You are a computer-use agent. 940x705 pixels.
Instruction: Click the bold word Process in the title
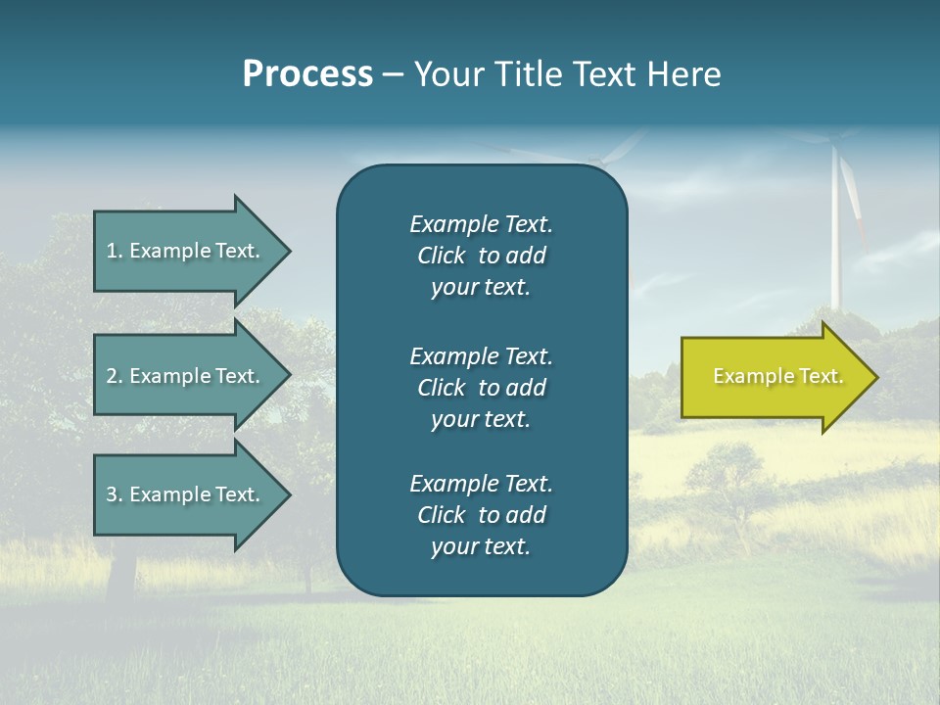tap(307, 74)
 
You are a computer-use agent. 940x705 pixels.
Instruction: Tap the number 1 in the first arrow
tap(112, 251)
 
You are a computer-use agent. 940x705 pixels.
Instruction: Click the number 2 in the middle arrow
tap(112, 376)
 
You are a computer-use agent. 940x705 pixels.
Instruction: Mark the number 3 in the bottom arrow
tap(112, 494)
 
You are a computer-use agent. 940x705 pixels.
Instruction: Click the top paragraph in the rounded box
tap(481, 256)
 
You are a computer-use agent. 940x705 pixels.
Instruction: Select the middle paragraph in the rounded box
tap(481, 387)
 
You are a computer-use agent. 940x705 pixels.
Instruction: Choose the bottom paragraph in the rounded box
tap(481, 515)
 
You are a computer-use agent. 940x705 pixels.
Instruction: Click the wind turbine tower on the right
tap(836, 245)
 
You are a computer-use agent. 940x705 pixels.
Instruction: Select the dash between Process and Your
tap(393, 75)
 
